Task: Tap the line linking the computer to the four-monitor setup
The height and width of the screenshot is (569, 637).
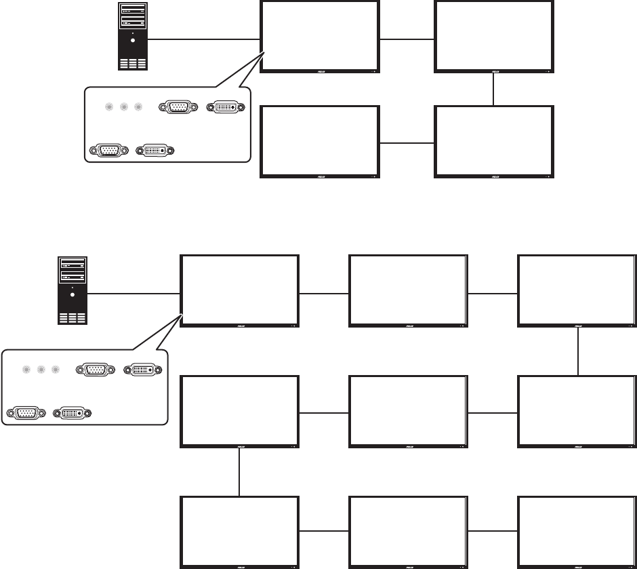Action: pos(204,39)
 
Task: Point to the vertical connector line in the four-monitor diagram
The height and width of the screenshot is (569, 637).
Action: pos(494,88)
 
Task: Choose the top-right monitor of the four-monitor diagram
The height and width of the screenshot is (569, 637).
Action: pos(493,35)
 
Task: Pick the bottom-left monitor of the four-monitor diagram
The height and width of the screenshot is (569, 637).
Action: pos(319,141)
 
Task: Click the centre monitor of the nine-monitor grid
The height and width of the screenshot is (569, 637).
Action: pos(408,411)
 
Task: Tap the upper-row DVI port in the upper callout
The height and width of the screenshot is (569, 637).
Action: pos(226,107)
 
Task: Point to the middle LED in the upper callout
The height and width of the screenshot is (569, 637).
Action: pos(124,107)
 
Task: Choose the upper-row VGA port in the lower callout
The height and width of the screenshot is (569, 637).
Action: pos(95,370)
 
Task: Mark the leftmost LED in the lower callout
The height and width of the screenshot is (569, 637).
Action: pos(26,370)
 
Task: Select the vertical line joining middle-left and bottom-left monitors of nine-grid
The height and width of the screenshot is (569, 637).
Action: pos(240,473)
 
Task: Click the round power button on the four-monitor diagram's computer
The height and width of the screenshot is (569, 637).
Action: pos(132,40)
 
